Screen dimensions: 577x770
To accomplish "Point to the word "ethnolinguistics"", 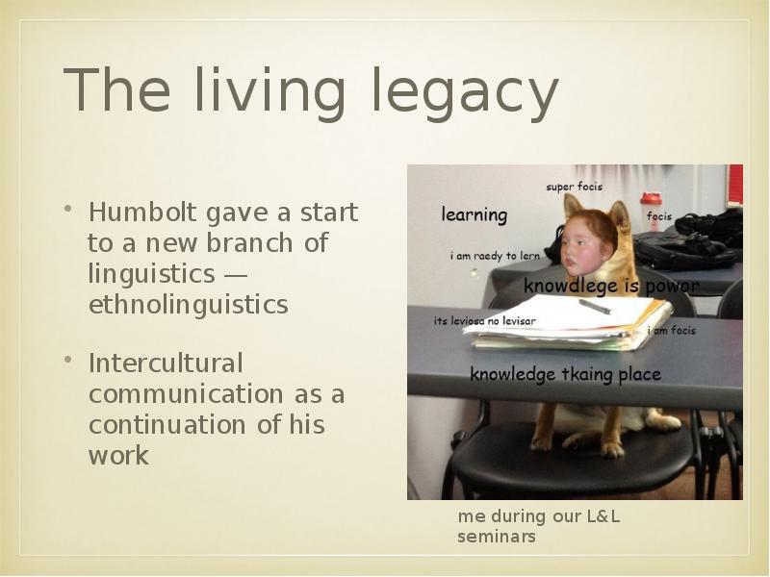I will pyautogui.click(x=188, y=305).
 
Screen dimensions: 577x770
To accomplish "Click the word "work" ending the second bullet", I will pyautogui.click(x=118, y=456).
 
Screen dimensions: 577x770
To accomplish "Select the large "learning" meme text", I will pyautogui.click(x=475, y=214).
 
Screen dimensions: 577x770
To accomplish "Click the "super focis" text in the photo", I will pyautogui.click(x=575, y=187).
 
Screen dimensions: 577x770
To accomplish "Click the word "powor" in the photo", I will pyautogui.click(x=669, y=287).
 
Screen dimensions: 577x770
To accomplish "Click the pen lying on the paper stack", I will pyautogui.click(x=595, y=307).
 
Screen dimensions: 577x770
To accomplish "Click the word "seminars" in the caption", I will pyautogui.click(x=496, y=537).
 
